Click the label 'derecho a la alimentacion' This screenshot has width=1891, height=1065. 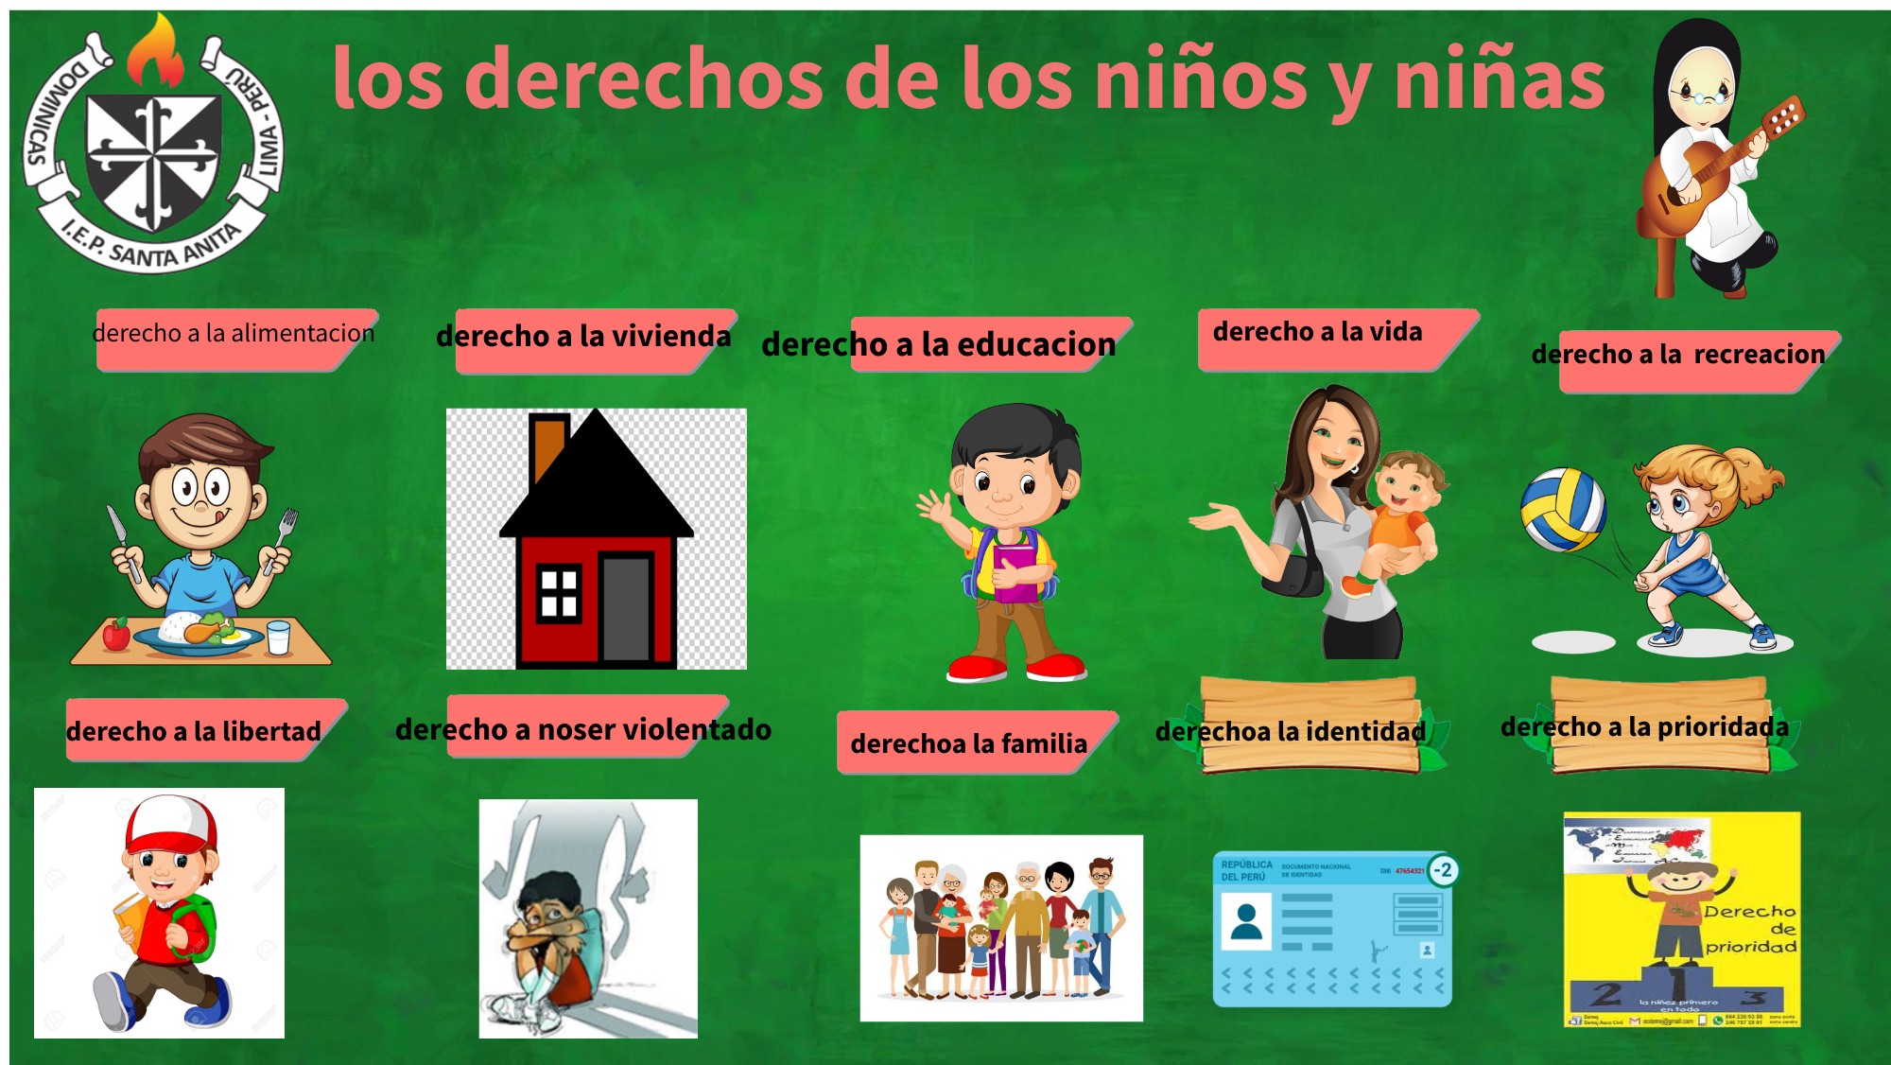click(234, 334)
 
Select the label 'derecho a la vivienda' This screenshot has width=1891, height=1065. click(583, 337)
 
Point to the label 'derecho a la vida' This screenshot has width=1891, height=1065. click(1317, 332)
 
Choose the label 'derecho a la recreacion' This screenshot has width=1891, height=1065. click(1678, 355)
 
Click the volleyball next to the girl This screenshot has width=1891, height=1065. click(1563, 509)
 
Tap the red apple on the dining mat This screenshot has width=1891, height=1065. click(115, 635)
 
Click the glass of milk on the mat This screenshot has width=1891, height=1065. click(278, 637)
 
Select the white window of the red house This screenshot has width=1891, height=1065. click(558, 593)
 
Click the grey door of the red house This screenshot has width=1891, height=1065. click(625, 609)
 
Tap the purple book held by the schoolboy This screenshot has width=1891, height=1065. click(1014, 571)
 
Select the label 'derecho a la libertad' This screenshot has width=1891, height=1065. click(194, 731)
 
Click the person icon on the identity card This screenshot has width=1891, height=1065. click(1246, 921)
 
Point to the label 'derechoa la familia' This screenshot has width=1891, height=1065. click(968, 743)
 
